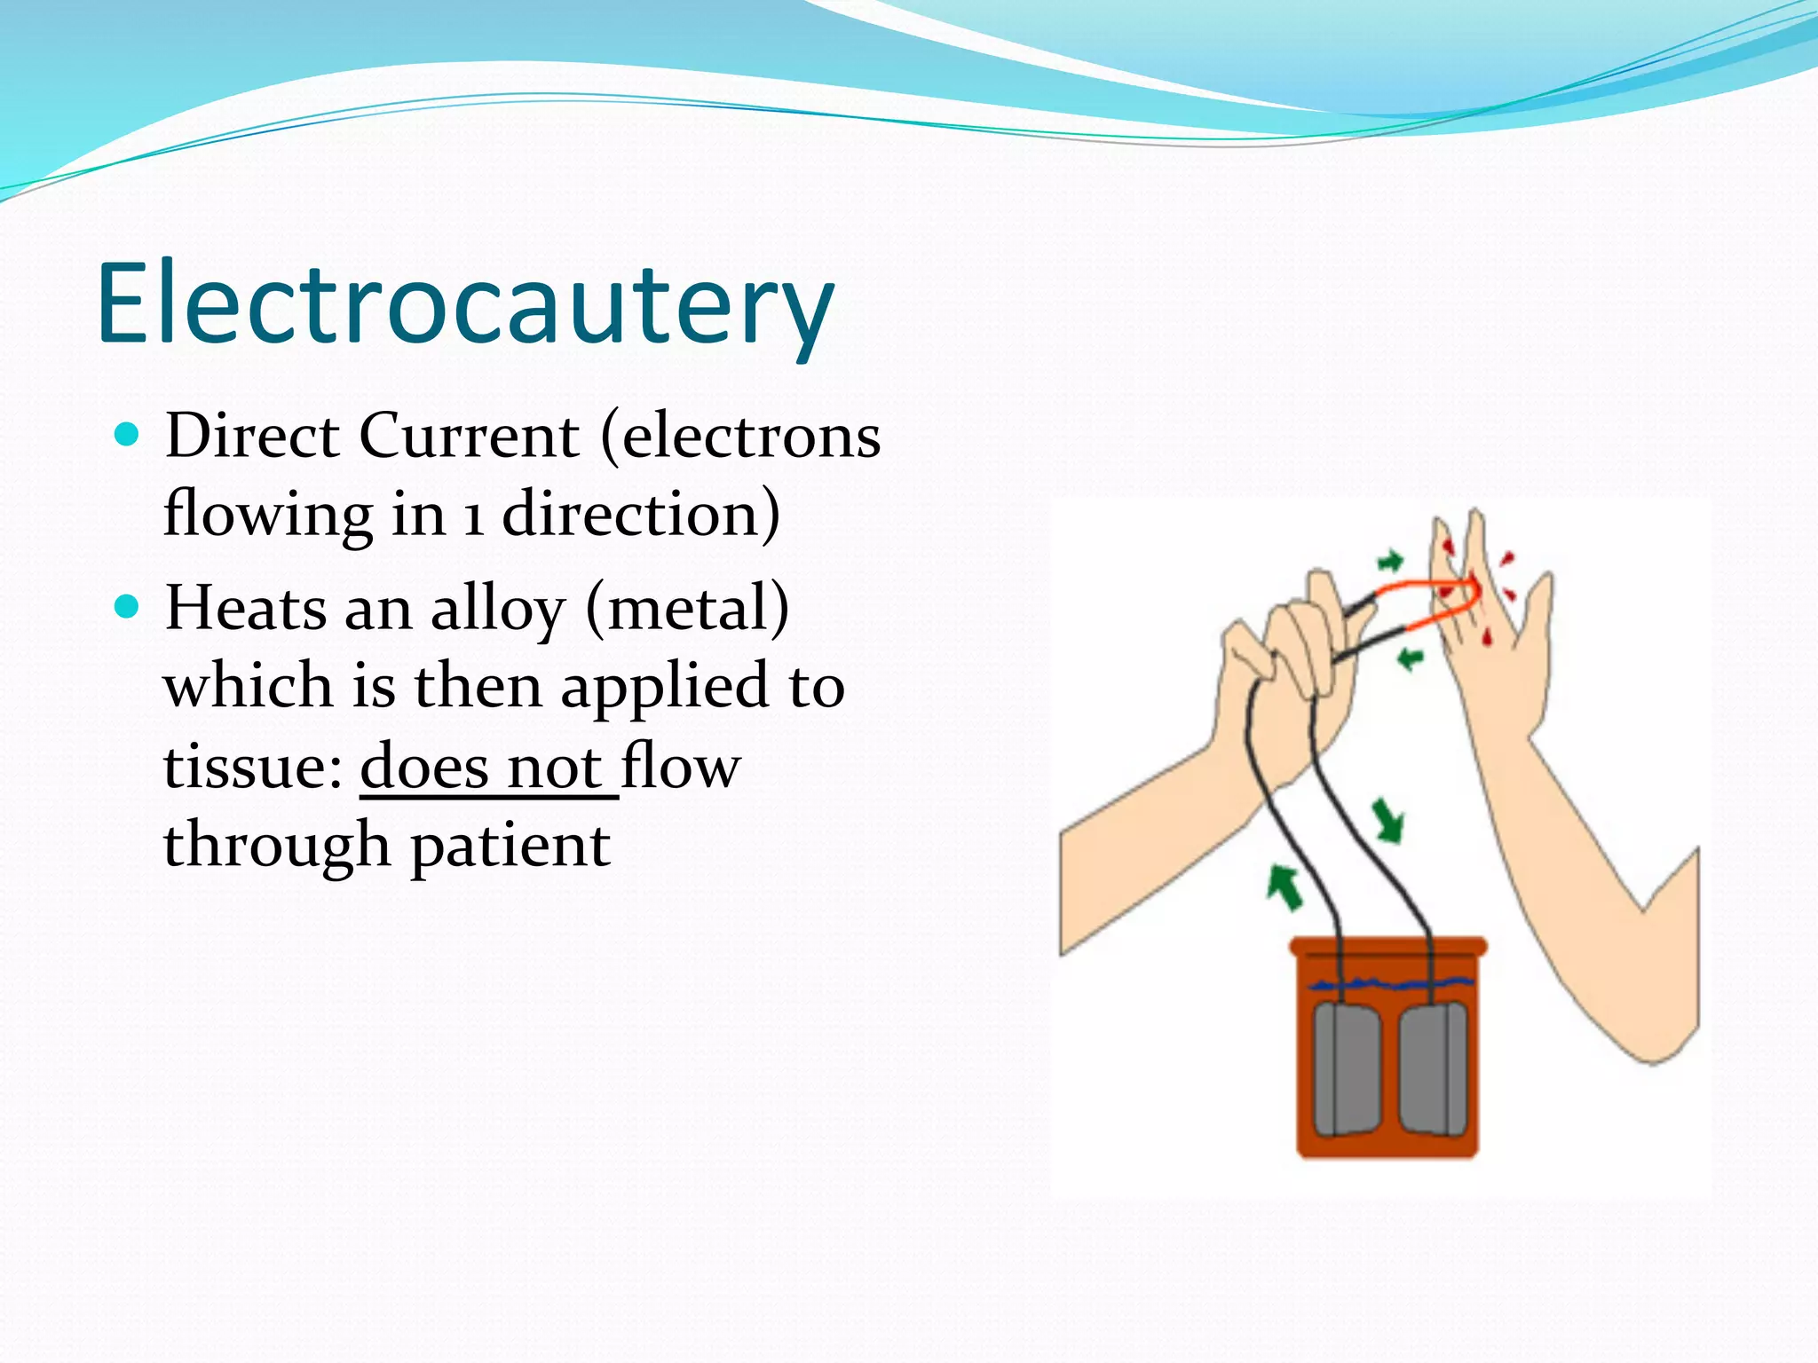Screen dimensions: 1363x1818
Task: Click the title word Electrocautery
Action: coord(464,304)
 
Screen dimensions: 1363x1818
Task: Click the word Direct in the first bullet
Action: coord(251,437)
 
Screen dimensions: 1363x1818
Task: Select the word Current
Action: coord(469,437)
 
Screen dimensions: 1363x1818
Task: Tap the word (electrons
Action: coord(741,437)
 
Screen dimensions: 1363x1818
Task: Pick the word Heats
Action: coord(246,609)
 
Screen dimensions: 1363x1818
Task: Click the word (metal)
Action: coord(687,611)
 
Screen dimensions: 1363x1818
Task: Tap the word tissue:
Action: coord(253,767)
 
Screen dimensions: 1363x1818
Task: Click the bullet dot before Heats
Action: coord(128,607)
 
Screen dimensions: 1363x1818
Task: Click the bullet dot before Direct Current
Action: coord(128,434)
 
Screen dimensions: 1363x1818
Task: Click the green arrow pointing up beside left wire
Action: coord(1284,886)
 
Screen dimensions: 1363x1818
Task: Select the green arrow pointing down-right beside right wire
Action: coord(1387,819)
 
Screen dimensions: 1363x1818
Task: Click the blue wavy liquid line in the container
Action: coord(1394,982)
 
